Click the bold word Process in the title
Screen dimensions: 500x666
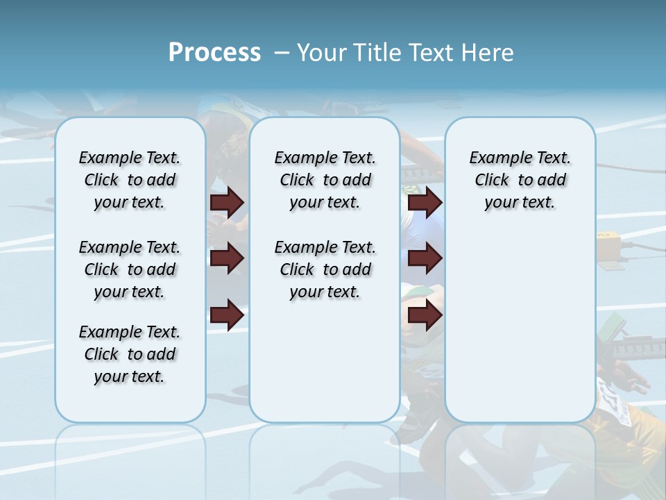pos(214,52)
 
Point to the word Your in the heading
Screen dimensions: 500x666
pos(323,52)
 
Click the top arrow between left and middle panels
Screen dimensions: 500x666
pos(227,203)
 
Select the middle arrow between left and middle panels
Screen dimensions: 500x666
pos(227,259)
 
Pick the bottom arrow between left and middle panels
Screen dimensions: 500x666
pos(227,315)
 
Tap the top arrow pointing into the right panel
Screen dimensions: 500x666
pos(425,203)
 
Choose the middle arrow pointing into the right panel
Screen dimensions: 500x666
pos(425,259)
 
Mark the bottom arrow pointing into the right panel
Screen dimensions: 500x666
pos(425,315)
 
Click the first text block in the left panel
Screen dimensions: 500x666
pos(130,180)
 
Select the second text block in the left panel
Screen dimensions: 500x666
pos(130,269)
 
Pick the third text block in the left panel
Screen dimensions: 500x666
pos(130,354)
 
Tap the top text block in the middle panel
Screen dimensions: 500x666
pos(325,180)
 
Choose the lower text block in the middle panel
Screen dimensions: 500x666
pos(325,269)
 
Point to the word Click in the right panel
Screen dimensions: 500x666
pos(492,180)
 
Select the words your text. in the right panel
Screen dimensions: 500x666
pos(520,202)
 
